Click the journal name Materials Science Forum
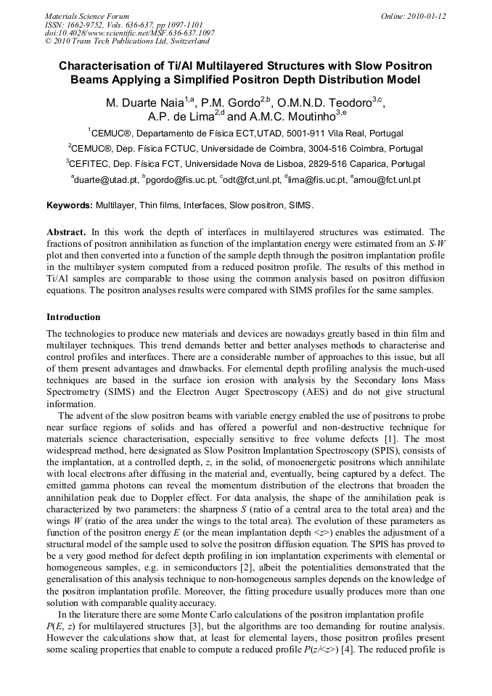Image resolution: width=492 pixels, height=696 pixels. click(87, 15)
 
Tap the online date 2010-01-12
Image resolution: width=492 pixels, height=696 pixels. click(427, 15)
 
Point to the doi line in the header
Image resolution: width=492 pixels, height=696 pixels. click(129, 33)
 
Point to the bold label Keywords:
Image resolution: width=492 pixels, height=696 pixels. click(70, 205)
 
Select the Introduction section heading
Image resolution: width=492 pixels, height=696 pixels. click(73, 317)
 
